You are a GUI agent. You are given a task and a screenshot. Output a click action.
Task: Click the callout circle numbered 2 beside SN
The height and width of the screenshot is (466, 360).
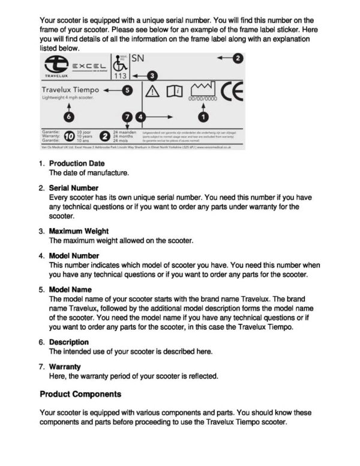point(238,58)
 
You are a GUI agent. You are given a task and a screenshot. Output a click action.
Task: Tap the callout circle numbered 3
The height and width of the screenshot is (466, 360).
point(152,76)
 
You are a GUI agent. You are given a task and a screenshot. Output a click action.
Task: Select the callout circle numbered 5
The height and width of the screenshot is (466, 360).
point(127,90)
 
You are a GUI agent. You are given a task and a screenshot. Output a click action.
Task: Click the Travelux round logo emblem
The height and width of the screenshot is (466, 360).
point(56,64)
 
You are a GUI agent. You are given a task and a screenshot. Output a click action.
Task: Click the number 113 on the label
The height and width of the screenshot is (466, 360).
point(120,76)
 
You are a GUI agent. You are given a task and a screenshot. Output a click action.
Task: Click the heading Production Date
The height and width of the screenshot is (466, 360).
point(76,163)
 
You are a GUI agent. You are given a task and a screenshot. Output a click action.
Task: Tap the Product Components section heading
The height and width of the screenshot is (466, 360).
point(80,395)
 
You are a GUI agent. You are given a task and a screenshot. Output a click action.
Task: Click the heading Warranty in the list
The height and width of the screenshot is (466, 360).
point(65,366)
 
